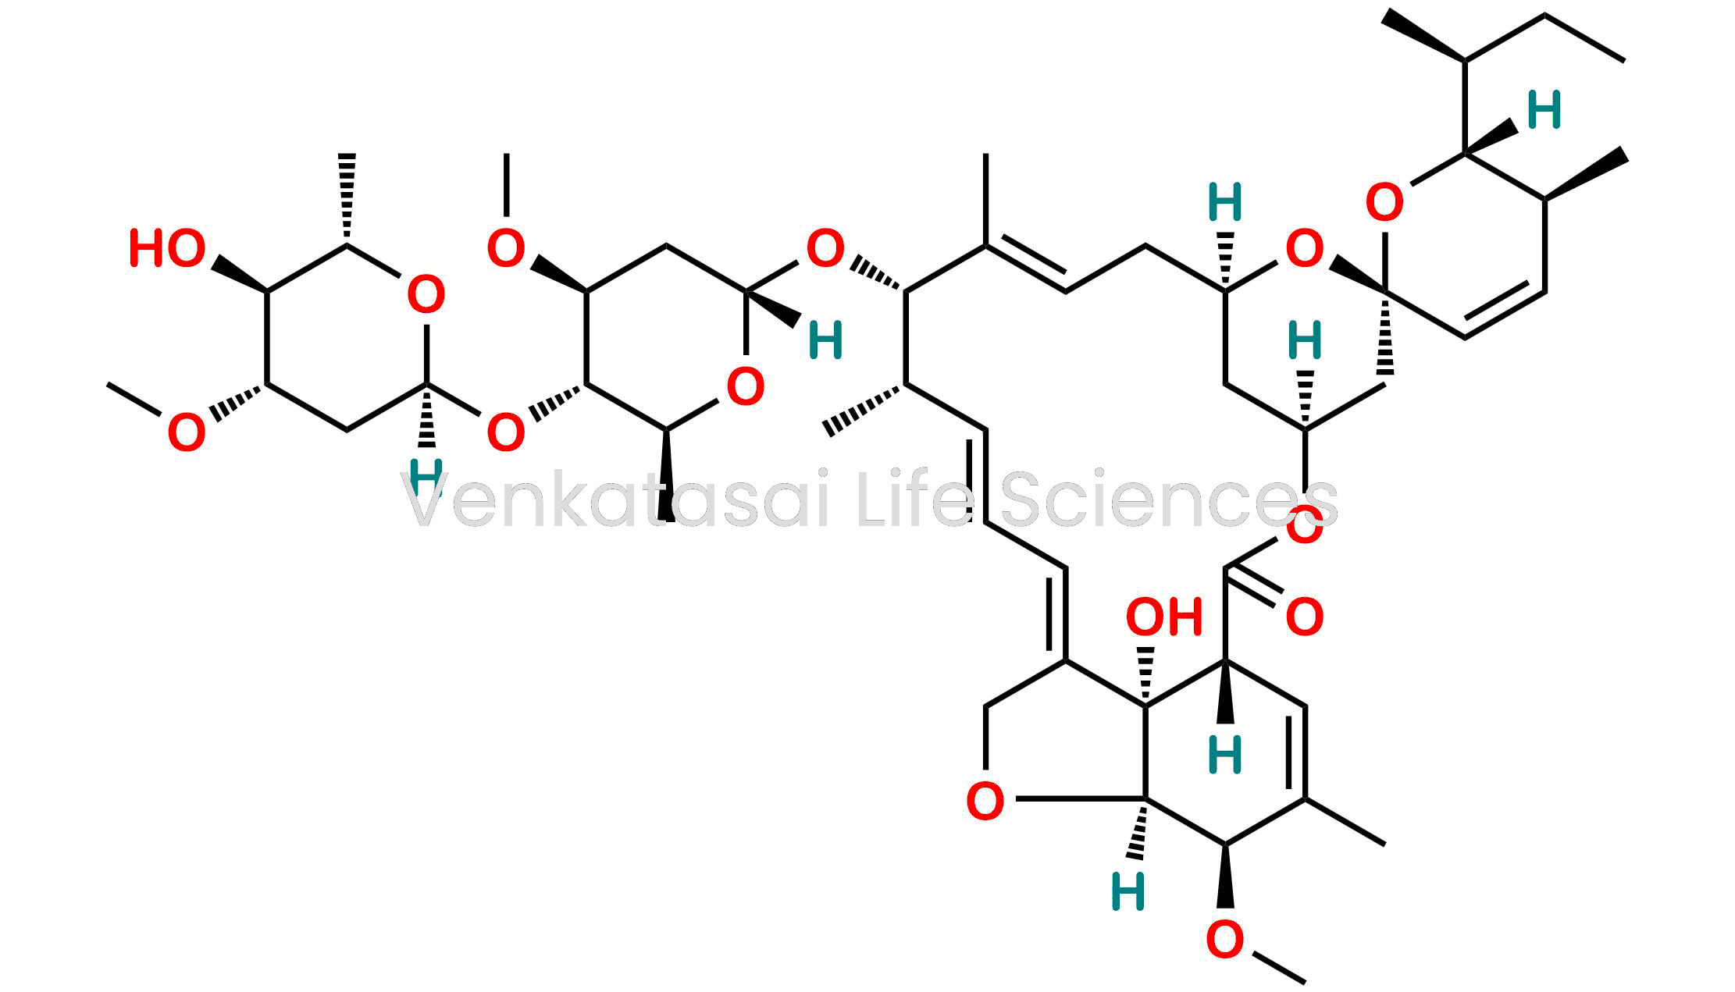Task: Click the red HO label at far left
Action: point(167,249)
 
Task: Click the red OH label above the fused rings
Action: point(1163,617)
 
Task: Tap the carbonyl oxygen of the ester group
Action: point(1305,617)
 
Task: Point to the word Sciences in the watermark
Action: point(1170,500)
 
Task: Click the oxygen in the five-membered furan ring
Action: point(985,802)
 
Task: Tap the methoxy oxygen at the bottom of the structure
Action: point(1225,940)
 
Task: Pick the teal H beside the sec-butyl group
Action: point(1544,110)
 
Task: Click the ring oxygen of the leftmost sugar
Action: point(426,295)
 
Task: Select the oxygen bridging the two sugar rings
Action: point(506,433)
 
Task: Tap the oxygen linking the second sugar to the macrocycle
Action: point(825,249)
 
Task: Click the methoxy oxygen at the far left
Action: point(187,433)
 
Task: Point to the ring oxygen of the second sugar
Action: point(746,387)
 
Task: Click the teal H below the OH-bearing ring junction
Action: point(1225,755)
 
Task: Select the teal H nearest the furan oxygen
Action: point(1128,892)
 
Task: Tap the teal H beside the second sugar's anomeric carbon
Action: point(825,341)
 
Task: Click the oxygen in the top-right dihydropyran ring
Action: point(1384,202)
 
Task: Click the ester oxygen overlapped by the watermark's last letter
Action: point(1305,525)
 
